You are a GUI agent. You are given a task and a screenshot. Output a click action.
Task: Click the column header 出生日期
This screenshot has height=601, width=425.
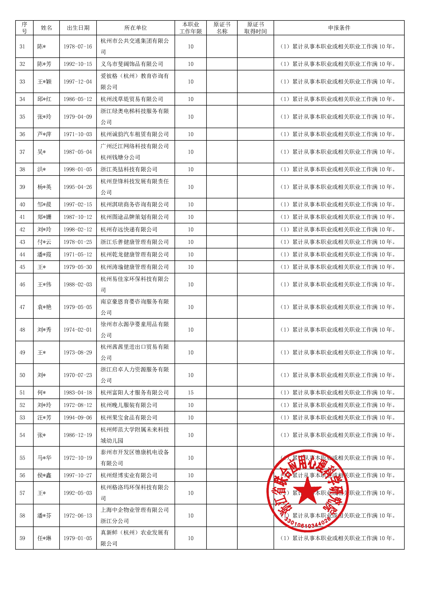tap(78, 28)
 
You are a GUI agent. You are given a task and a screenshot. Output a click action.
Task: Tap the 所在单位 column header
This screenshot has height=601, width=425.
tap(135, 28)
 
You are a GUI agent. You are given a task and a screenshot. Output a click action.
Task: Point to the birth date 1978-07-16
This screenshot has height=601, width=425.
tap(78, 47)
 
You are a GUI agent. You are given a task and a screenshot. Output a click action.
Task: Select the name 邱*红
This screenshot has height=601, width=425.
tap(44, 99)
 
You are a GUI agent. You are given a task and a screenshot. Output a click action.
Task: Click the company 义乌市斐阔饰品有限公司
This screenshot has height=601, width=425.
tap(132, 64)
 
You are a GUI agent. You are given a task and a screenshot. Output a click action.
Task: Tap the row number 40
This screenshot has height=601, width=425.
tap(22, 204)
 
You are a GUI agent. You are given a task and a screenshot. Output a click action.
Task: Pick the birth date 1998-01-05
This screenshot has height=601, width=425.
tap(78, 169)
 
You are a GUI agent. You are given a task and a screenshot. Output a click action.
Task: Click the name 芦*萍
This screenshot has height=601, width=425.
tap(44, 134)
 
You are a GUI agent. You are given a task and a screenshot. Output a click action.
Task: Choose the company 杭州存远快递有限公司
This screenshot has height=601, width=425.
tap(129, 230)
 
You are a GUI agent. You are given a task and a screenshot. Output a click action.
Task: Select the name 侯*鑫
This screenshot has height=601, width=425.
tap(44, 475)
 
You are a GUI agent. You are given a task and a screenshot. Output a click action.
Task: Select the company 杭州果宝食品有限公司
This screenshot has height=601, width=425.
tap(129, 418)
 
